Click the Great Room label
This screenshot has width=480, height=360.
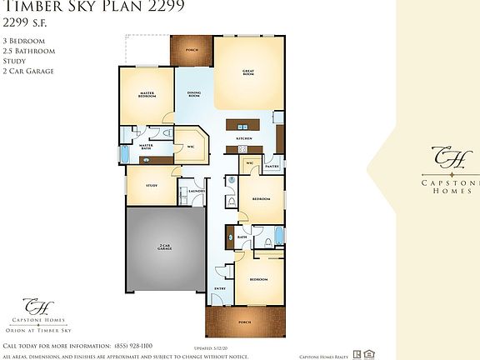247,72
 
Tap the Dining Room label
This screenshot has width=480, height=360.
193,95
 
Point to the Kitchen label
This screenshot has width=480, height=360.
244,137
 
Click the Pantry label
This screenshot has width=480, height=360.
271,167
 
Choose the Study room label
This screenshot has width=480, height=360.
152,185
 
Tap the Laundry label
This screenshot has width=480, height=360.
197,191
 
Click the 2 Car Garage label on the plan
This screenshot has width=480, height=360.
165,247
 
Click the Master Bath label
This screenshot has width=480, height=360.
146,148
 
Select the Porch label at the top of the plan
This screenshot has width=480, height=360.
192,49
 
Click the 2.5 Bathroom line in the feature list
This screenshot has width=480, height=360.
28,51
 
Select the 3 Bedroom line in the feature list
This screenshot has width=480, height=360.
24,40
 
